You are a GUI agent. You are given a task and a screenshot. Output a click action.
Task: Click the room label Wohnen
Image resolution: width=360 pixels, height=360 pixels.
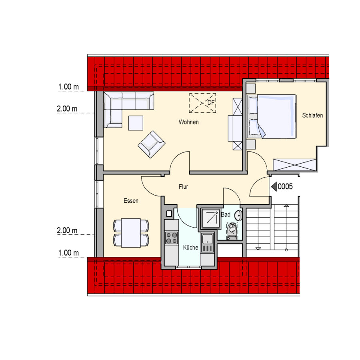188,122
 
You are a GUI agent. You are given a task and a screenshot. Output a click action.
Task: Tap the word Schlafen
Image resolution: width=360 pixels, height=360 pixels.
312,115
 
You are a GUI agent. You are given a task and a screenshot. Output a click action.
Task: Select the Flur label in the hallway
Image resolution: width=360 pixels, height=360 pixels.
183,187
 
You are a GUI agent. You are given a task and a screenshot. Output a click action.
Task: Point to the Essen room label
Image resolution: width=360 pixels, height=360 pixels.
131,201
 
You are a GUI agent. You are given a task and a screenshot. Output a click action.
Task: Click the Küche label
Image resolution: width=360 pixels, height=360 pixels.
190,247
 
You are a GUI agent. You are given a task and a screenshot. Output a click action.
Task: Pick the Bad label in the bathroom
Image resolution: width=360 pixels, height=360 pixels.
226,214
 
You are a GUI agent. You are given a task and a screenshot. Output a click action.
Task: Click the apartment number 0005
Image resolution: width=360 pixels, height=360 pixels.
285,186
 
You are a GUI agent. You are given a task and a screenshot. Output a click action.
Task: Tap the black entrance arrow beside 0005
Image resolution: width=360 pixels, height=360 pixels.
274,187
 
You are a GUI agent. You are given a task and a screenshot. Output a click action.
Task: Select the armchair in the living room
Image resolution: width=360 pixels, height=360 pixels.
151,144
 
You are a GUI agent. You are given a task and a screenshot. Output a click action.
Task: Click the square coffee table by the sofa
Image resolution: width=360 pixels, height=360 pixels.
136,123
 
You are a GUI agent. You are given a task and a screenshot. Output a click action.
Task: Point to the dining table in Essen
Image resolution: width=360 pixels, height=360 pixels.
131,233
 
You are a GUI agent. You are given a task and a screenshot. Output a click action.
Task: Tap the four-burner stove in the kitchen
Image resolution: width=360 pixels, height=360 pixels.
172,238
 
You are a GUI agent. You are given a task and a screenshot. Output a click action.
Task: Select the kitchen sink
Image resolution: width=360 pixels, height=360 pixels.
207,239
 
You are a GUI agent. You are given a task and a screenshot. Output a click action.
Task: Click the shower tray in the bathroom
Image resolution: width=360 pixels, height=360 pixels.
210,218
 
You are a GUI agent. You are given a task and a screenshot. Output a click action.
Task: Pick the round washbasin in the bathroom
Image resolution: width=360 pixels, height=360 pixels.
238,215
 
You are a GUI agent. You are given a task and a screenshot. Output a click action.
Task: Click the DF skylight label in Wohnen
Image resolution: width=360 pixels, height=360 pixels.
211,102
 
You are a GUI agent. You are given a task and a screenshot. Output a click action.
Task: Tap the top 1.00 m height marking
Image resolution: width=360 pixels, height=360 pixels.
68,87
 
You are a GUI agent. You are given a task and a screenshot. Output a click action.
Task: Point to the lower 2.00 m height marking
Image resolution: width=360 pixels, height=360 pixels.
67,230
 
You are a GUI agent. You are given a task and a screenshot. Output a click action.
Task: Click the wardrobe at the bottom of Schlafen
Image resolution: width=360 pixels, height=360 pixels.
294,165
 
